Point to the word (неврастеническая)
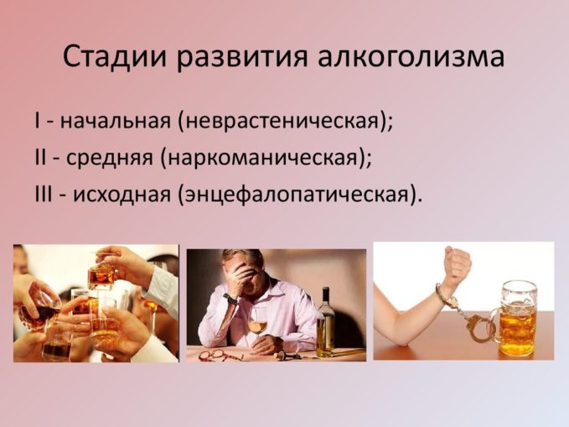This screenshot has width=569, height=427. point(285,120)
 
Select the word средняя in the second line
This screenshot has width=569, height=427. point(113,156)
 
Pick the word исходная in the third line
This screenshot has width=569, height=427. point(122,193)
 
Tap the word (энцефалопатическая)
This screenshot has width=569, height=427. point(299,193)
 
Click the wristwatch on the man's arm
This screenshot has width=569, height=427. point(229,298)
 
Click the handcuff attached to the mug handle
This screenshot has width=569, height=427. point(484,325)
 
